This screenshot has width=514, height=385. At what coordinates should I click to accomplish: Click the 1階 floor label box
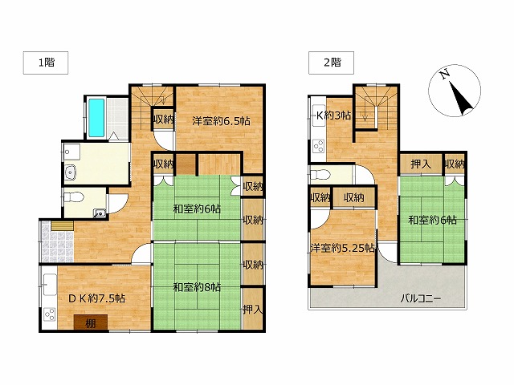coord(46,63)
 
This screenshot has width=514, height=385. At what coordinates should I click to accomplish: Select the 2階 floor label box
coord(331,63)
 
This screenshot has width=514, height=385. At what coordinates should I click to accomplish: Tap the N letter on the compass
coord(444,75)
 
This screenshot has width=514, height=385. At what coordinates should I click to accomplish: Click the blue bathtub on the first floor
coord(96,118)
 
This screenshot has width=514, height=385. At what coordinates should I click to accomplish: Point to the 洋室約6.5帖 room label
coord(221,121)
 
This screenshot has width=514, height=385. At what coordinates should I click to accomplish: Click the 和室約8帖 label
coord(197,287)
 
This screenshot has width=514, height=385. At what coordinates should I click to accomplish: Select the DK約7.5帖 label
coord(96,298)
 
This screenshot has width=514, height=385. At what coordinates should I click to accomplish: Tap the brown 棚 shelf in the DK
coord(91,322)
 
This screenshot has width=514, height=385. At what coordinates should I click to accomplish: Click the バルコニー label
coord(421,298)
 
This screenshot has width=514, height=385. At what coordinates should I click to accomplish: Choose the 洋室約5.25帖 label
coord(343,248)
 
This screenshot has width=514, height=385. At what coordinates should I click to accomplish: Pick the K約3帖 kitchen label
coord(333,115)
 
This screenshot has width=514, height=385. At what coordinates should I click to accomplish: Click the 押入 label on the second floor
coord(421,164)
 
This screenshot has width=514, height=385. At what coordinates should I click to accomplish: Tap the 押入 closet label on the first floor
coord(252,309)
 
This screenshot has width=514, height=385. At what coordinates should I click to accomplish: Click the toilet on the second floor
coord(319,175)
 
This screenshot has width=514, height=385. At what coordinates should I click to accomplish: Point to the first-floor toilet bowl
coord(74,197)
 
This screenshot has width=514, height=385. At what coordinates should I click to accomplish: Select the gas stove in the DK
coord(50,315)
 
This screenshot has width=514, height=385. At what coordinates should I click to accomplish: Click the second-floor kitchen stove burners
coord(319,146)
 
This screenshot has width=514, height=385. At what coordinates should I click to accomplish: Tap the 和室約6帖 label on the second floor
coord(432,220)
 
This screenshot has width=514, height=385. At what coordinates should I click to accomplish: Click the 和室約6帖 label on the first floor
coord(197,209)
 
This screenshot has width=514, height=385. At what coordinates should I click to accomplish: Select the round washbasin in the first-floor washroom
coord(71,172)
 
